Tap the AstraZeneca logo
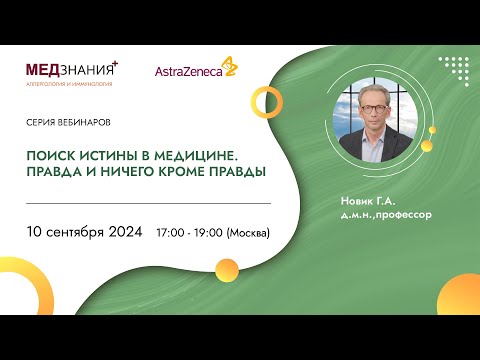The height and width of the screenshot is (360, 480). click(195, 70)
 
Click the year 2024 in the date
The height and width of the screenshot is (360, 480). click(124, 232)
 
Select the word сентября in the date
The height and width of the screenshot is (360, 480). click(74, 232)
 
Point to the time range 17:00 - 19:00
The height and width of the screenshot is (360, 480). click(189, 233)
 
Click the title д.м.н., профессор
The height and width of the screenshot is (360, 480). click(385, 213)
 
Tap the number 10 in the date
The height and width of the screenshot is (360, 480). click(36, 232)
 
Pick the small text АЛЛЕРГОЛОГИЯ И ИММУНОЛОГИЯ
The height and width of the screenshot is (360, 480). click(69, 83)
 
